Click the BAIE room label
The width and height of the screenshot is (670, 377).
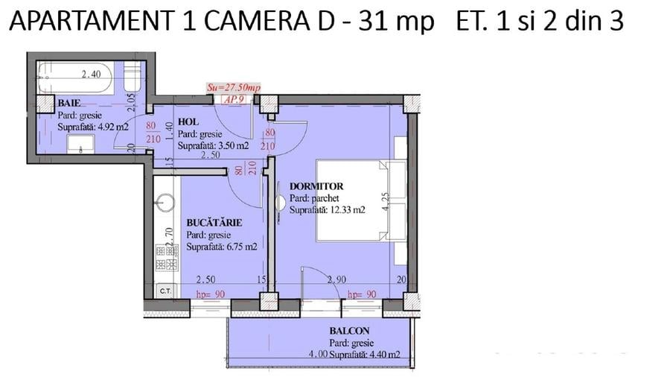tap(68, 103)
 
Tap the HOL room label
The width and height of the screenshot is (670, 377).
tap(188, 122)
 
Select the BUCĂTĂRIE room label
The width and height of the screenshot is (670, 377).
tap(214, 222)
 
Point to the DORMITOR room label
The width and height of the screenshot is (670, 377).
tap(316, 186)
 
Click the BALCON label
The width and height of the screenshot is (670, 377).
tap(349, 331)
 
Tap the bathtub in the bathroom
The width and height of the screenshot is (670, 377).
tap(74, 77)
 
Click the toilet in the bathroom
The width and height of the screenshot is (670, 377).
tap(132, 77)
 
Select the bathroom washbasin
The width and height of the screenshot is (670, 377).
tap(80, 144)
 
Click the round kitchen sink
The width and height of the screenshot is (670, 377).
tap(165, 203)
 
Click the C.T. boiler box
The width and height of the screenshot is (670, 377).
tap(165, 291)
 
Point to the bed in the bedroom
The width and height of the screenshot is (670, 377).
tap(361, 200)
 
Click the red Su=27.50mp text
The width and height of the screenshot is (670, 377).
tap(233, 88)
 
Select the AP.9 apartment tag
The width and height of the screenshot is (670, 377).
tap(234, 100)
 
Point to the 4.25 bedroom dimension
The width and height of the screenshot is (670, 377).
tap(386, 201)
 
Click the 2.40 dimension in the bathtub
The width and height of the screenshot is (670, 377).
tap(92, 75)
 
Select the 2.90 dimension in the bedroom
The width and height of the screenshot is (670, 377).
tap(336, 279)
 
